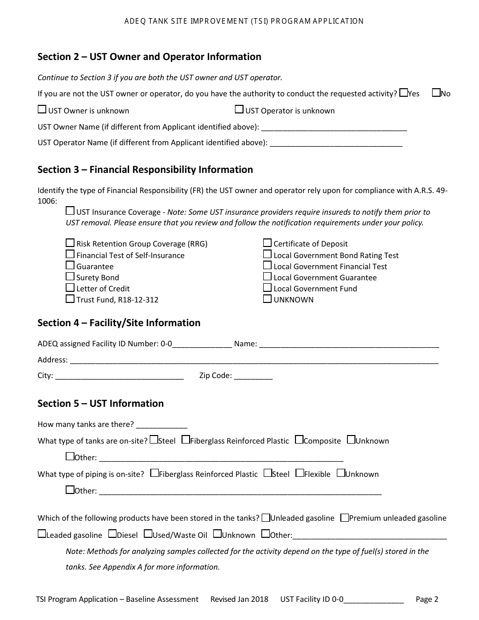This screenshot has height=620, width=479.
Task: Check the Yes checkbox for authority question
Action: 403,93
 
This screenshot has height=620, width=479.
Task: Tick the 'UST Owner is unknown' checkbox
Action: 42,110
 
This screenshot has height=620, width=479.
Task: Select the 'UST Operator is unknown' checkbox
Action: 239,110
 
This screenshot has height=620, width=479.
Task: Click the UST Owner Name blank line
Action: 334,127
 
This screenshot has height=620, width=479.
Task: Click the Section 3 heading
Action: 145,170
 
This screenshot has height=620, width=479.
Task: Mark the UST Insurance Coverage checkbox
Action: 70,211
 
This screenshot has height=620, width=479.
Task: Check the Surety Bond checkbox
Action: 70,277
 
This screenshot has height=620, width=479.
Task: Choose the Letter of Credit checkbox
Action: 70,288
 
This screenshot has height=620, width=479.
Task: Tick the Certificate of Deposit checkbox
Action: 267,243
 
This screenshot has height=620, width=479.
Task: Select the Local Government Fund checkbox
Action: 267,288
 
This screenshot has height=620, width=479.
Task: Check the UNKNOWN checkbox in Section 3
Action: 267,299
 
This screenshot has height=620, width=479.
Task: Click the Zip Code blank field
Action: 253,376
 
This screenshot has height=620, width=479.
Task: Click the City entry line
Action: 119,376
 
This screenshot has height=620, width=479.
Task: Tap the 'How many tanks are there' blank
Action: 161,424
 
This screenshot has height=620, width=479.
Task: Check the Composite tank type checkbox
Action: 299,440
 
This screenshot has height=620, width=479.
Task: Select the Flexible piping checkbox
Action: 300,473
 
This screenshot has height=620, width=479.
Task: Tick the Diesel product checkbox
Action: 113,534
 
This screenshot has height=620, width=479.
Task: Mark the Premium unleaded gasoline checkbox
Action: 344,517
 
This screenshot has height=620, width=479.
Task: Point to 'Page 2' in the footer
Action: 427,599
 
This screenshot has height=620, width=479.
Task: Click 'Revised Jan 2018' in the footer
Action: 239,599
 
